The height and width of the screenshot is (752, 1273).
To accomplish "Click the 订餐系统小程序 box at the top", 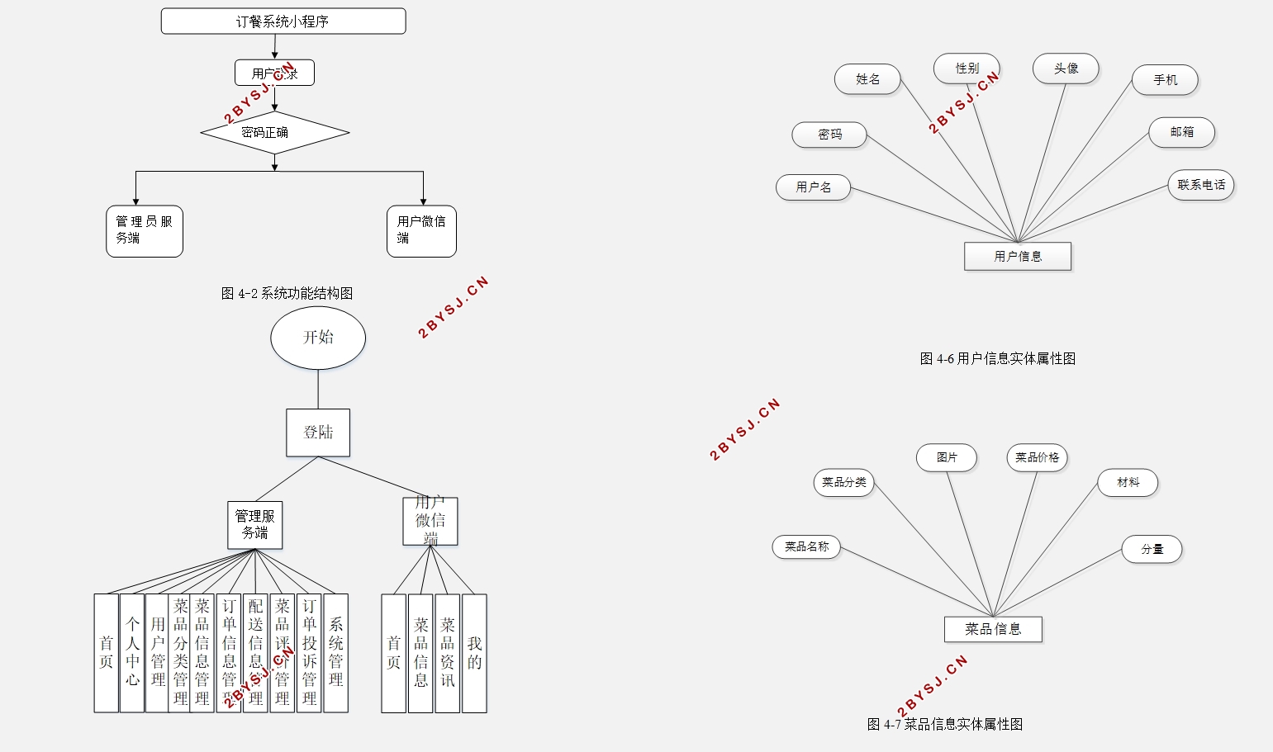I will (x=283, y=21).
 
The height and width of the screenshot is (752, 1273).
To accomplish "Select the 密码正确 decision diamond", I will (x=274, y=132).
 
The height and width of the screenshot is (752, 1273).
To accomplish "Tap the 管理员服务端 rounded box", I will (x=145, y=231).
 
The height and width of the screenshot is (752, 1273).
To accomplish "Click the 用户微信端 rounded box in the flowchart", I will (x=421, y=231).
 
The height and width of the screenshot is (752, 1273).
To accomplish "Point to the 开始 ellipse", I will (x=318, y=338).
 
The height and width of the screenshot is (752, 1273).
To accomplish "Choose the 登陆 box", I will (x=318, y=433).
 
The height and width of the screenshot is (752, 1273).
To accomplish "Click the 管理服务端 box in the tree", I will (x=255, y=525).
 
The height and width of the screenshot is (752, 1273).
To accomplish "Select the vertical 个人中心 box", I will (x=132, y=652).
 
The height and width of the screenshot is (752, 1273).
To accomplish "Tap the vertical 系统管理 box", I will (x=335, y=652).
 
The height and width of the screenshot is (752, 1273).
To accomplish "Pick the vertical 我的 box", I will (x=474, y=652).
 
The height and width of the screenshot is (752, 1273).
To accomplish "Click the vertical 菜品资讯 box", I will (x=447, y=652).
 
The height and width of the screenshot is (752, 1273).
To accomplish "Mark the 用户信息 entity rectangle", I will (x=1018, y=257).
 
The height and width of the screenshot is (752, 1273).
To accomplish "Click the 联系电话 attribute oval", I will (x=1201, y=185).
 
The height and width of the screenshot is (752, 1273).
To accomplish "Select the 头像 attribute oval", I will (x=1066, y=69).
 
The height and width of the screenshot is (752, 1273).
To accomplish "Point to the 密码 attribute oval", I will (x=829, y=135).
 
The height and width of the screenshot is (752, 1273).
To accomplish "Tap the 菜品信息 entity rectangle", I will (x=993, y=629).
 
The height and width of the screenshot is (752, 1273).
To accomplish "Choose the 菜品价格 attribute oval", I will (x=1037, y=457).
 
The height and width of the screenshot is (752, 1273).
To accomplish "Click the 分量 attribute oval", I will (x=1152, y=549).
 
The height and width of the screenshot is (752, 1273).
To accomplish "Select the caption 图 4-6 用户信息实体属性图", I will (x=998, y=358).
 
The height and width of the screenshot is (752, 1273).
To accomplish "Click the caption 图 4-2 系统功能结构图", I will (x=287, y=293).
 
